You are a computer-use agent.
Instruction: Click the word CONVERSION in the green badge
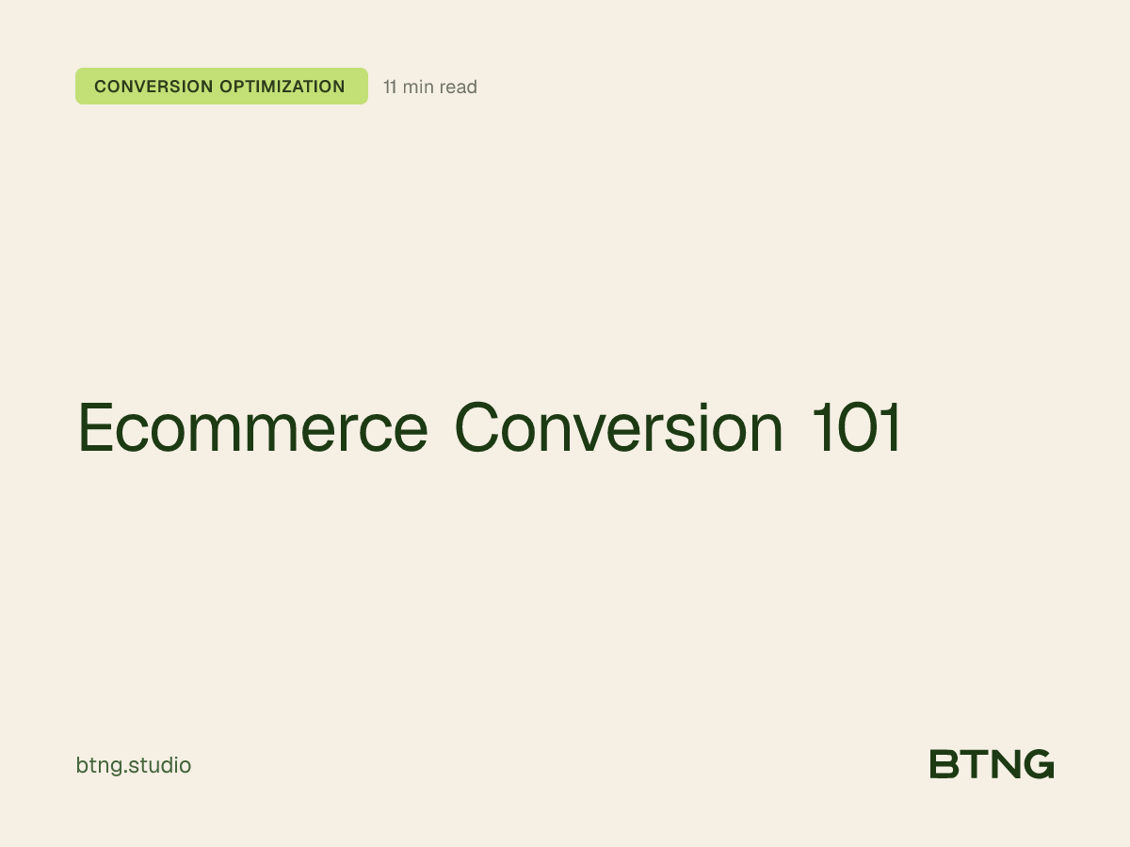click(153, 87)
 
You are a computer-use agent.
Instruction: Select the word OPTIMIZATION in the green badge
click(282, 87)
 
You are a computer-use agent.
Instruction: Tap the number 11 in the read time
click(390, 88)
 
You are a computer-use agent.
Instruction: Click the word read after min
click(459, 88)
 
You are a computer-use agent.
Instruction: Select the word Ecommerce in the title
click(252, 428)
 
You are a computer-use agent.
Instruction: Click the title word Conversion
click(619, 428)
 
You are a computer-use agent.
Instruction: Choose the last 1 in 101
click(890, 428)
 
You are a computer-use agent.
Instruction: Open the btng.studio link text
click(133, 766)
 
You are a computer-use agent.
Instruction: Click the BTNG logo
click(992, 764)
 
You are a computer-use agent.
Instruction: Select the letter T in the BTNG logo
click(974, 764)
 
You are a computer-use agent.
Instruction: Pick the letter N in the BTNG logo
click(1004, 764)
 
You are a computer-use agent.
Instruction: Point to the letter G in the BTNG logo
click(1039, 764)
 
